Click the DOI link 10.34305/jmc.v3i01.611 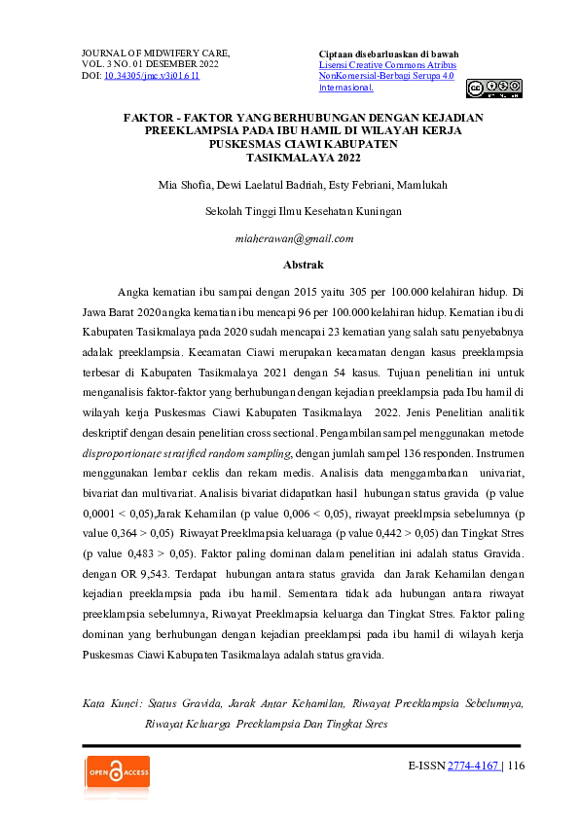tap(151, 76)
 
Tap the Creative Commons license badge tap(493, 89)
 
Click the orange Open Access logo tap(117, 773)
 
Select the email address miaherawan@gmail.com tap(295, 238)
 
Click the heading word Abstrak tap(303, 265)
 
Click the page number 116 tap(516, 766)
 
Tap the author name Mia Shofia tap(182, 184)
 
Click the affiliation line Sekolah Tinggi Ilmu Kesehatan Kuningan tap(304, 211)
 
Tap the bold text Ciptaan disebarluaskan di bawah tap(388, 53)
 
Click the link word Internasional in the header tap(345, 88)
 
